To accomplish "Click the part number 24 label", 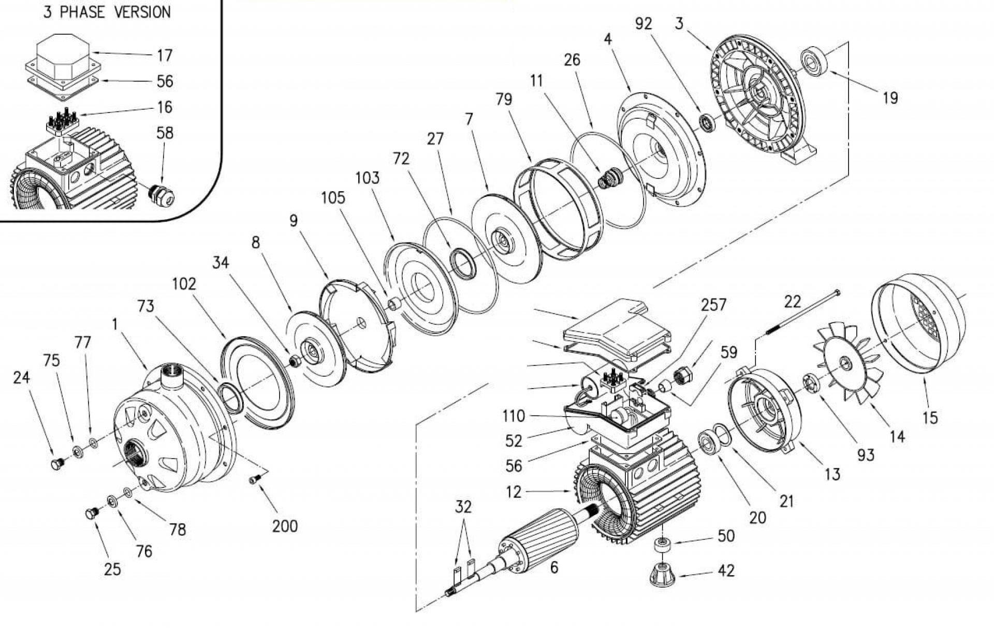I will pos(21,378).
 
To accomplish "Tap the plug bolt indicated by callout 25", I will pos(91,513).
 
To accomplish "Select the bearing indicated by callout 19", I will pos(814,61).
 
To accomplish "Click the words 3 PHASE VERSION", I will pos(107,12).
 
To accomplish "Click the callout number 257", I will pos(713,305).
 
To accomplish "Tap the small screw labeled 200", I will pos(254,480).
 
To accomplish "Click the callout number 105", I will pos(333,197).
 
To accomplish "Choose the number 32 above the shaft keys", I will pos(463,506).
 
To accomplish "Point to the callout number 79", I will pos(503,99).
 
